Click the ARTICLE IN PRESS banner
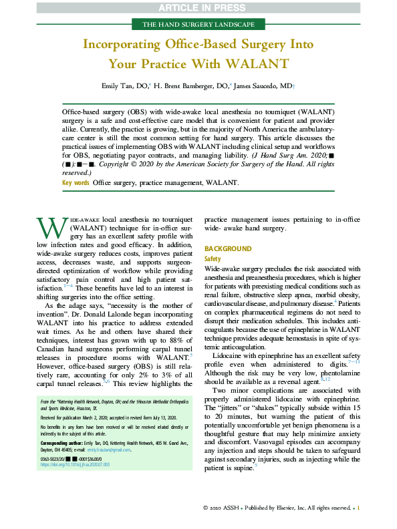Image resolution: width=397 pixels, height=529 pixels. click(198, 7)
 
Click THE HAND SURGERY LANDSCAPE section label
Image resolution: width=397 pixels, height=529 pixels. click(198, 25)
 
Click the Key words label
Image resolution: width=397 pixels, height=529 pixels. click(76, 182)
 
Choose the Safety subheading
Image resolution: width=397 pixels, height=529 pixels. click(213, 258)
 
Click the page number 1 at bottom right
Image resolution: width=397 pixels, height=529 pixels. click(359, 508)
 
